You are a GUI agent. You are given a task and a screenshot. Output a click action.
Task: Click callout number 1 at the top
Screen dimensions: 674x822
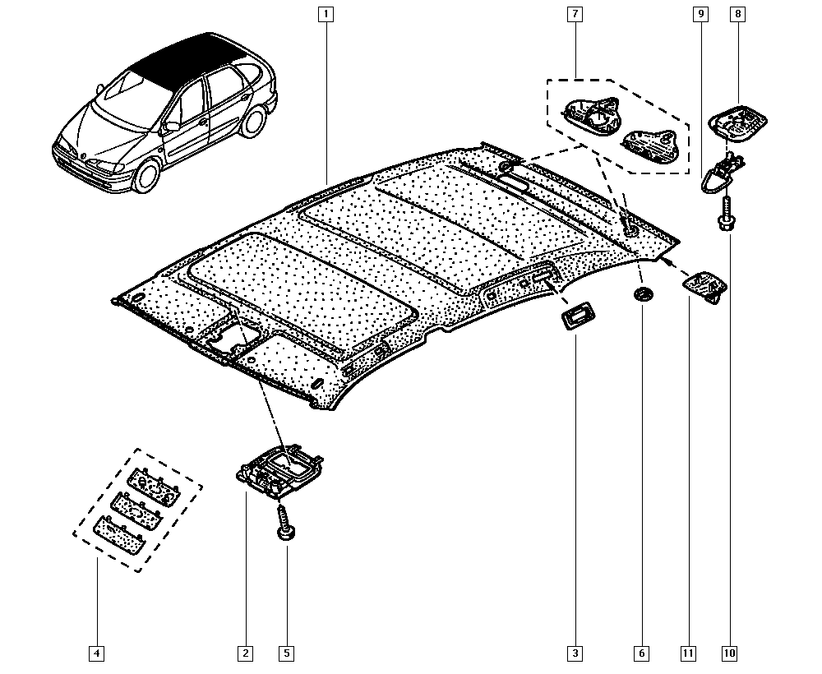click(326, 14)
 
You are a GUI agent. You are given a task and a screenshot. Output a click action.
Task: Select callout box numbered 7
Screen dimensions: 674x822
click(574, 14)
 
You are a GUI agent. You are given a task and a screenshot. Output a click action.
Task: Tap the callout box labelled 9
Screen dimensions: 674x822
click(700, 14)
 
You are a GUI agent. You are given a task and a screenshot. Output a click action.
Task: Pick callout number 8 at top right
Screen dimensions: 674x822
click(737, 14)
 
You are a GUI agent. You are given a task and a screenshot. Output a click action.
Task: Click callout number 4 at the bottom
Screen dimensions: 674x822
click(96, 653)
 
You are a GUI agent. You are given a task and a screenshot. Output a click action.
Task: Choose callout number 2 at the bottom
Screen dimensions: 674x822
click(245, 653)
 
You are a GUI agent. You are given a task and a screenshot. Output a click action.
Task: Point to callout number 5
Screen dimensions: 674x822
click(286, 653)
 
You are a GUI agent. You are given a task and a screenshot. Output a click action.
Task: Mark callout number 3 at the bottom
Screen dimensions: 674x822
click(575, 653)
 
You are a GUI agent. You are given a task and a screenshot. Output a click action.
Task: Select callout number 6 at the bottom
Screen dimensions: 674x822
click(641, 653)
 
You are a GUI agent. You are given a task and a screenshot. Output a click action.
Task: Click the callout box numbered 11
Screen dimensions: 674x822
click(688, 653)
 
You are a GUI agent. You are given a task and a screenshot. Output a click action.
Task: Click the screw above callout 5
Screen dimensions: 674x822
click(286, 523)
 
